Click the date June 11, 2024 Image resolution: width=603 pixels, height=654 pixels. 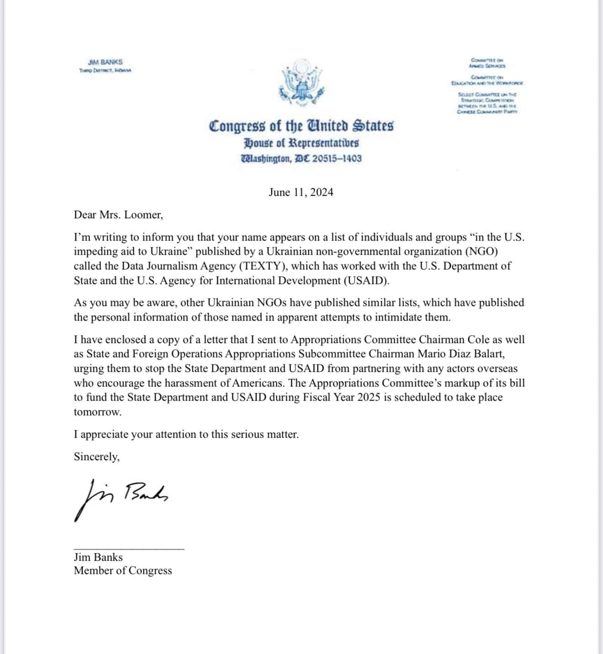tap(301, 192)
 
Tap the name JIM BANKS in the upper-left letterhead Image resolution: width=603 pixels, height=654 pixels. tap(105, 62)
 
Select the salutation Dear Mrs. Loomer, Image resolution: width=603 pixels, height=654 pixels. tap(118, 214)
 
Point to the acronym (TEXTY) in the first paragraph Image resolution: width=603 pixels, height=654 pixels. tap(262, 266)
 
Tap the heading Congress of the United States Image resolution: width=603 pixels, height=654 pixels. tap(301, 126)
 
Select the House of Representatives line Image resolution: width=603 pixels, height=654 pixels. tap(301, 143)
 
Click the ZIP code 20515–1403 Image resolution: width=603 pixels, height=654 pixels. tap(337, 159)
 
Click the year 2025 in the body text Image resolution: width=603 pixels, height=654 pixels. tap(369, 397)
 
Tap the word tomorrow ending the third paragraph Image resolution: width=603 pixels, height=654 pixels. tap(97, 412)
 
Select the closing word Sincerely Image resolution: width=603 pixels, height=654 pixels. tap(96, 456)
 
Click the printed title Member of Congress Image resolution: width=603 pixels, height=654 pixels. tap(123, 570)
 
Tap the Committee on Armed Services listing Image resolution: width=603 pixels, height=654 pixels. tap(487, 63)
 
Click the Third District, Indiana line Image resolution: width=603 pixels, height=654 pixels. tap(105, 70)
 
